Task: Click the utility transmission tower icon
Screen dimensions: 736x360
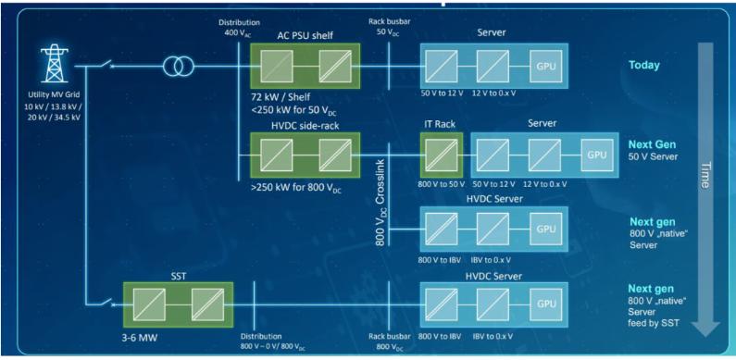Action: (x=55, y=65)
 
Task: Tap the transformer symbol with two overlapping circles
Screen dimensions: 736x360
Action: (x=179, y=67)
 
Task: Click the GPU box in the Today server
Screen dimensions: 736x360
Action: (x=546, y=67)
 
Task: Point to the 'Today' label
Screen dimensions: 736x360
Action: (x=644, y=65)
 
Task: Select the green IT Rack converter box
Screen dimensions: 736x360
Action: (x=442, y=155)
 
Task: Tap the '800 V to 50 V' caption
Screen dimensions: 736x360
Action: (x=442, y=183)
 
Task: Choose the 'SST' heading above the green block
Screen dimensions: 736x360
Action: (x=179, y=276)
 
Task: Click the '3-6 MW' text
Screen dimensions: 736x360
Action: (x=140, y=336)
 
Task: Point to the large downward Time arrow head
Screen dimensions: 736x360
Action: (x=705, y=329)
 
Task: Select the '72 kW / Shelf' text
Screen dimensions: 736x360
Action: (x=280, y=98)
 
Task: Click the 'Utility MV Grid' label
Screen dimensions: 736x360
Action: (x=55, y=94)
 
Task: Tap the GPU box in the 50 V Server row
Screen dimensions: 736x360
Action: (x=597, y=155)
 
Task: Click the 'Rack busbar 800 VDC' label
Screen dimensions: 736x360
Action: (x=390, y=341)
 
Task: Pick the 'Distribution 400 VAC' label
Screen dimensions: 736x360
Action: (x=239, y=27)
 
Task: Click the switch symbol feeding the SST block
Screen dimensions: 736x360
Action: (x=106, y=304)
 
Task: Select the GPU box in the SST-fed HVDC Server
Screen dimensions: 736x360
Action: (x=546, y=304)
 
